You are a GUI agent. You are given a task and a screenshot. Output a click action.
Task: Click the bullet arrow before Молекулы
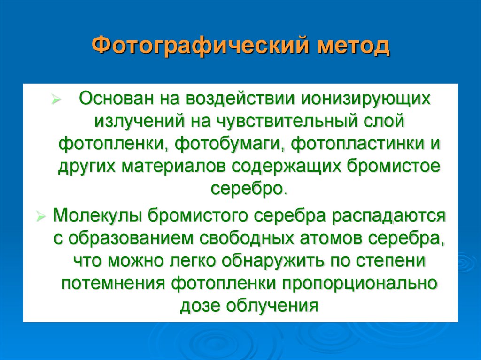click(41, 216)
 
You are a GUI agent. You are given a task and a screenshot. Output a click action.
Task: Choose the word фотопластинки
click(354, 144)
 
